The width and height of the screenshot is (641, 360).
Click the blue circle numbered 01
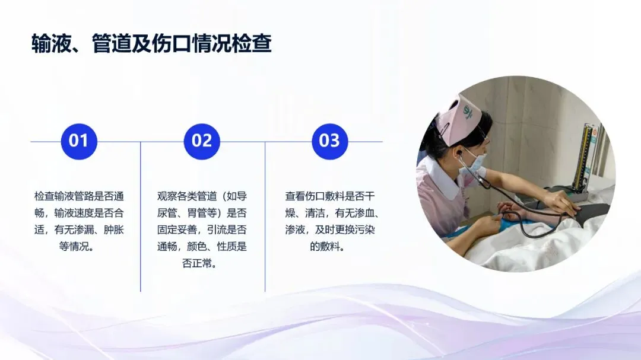(x=79, y=141)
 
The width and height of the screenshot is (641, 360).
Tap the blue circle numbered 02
(x=202, y=141)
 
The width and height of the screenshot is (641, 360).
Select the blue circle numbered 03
(x=329, y=141)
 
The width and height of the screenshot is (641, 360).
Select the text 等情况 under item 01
(x=74, y=246)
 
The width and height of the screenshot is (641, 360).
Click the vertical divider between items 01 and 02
(x=141, y=216)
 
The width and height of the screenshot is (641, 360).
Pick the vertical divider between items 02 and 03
(x=265, y=216)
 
